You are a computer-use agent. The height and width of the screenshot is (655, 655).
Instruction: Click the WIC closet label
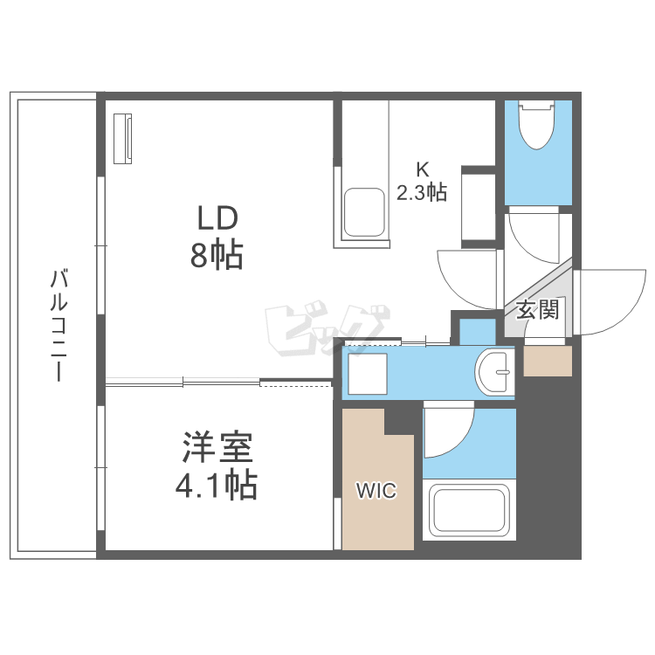376,492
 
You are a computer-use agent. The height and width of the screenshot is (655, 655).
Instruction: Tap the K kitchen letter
422,169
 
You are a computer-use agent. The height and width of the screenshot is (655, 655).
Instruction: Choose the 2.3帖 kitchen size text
422,192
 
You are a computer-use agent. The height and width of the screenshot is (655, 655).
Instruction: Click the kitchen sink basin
365,212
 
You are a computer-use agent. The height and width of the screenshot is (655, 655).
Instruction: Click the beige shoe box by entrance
548,361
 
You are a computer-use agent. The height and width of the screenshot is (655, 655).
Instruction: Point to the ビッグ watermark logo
327,331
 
